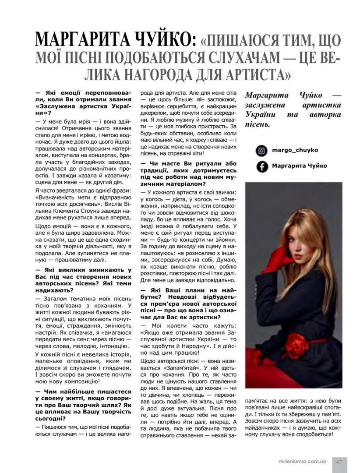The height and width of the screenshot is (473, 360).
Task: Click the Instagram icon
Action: coord(262,151)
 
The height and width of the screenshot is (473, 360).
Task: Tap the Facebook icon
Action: coord(262,166)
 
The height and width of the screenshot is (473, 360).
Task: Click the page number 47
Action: coord(339,461)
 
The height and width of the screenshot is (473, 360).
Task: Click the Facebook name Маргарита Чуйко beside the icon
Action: coord(299,166)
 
